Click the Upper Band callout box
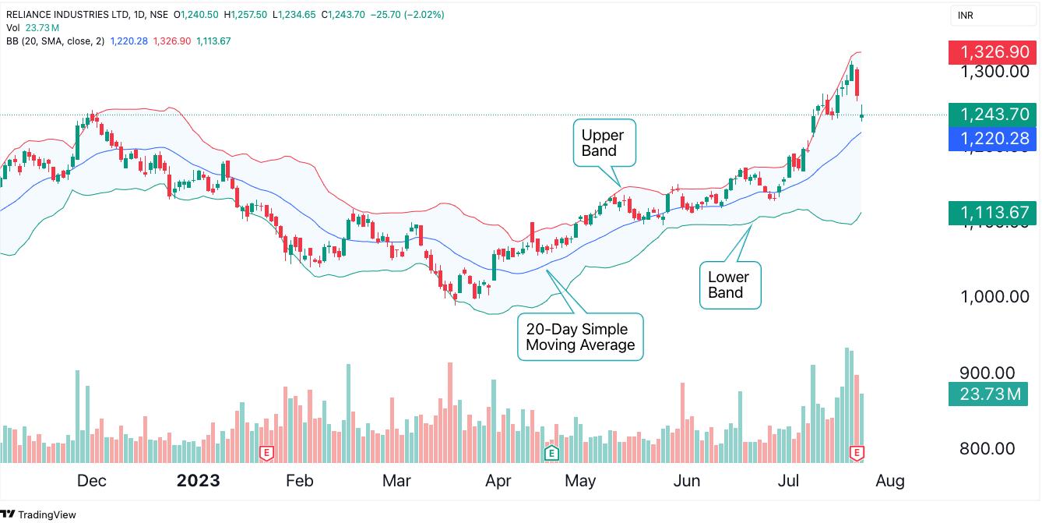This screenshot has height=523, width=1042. click(604, 143)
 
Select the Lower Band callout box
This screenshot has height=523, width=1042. click(729, 285)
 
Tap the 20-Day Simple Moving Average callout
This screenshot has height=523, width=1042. click(580, 337)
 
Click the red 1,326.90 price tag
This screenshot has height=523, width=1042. click(991, 52)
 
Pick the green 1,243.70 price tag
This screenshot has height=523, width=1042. click(991, 115)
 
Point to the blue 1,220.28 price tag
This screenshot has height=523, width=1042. click(991, 140)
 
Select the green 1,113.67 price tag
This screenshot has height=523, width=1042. click(991, 212)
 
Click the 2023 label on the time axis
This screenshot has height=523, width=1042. click(198, 481)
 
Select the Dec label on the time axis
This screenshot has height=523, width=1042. click(91, 481)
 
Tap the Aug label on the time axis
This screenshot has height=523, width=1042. click(889, 481)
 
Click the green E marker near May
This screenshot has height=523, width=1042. click(551, 452)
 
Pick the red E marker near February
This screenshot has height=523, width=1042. click(267, 452)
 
